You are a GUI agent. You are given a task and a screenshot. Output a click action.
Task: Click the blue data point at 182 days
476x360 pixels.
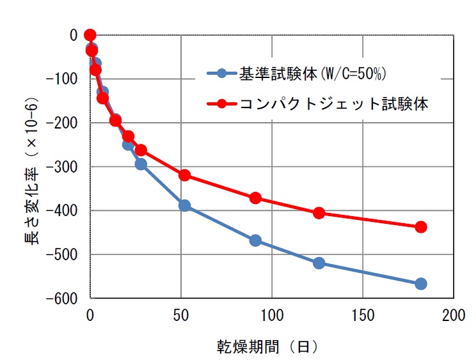click(420, 284)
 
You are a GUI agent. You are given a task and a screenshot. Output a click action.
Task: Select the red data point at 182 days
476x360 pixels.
click(420, 227)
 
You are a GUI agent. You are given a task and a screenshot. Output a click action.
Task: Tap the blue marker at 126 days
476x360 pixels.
click(319, 263)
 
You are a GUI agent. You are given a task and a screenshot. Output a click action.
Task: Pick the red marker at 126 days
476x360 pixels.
click(319, 213)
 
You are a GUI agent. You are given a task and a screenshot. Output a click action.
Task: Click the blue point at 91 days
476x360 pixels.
click(255, 240)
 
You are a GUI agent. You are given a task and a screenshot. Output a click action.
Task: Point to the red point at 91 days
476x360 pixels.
click(255, 198)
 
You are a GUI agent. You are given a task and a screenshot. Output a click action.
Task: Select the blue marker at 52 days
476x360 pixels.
click(184, 205)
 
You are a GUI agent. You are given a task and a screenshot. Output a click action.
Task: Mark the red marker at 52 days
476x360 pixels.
click(184, 175)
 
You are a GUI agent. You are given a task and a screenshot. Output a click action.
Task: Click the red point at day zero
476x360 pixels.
click(90, 35)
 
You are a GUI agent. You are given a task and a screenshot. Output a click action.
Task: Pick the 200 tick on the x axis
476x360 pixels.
click(454, 316)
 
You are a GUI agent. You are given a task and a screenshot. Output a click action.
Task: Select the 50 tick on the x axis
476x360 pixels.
click(181, 316)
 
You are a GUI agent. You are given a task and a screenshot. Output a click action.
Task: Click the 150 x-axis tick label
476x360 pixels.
click(363, 316)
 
